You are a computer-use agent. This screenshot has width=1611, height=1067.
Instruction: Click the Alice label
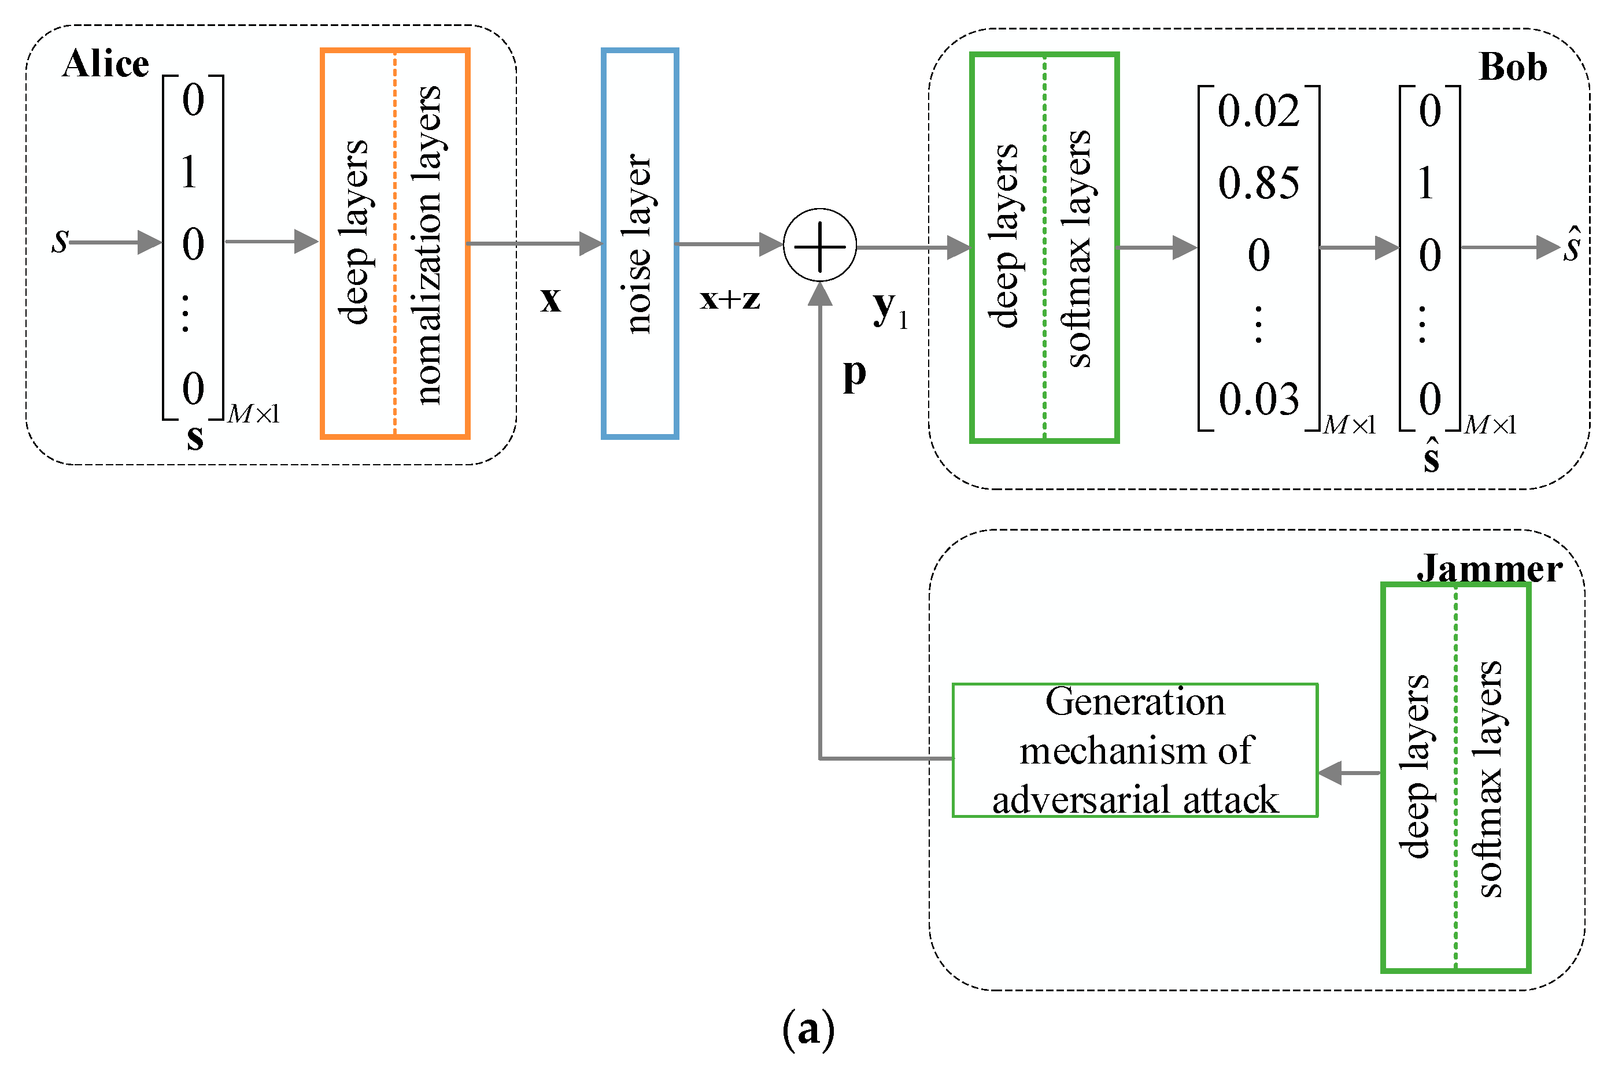105,64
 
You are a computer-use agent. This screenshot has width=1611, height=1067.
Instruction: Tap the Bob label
1512,68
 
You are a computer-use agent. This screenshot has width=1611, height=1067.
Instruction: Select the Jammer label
1488,569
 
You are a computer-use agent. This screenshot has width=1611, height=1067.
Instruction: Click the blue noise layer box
639,243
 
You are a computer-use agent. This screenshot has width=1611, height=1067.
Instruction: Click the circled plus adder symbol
819,245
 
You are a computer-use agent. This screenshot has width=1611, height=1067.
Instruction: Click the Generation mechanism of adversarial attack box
1134,751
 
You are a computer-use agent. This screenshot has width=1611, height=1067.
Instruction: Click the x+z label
730,299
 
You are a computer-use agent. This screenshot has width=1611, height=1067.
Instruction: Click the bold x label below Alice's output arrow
550,299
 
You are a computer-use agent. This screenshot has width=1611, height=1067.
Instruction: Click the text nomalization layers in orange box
428,245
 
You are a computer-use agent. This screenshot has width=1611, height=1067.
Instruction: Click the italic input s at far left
60,240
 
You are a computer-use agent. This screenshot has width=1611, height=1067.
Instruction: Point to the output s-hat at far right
1572,246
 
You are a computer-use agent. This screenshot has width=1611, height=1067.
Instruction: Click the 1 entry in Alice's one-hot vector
189,172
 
